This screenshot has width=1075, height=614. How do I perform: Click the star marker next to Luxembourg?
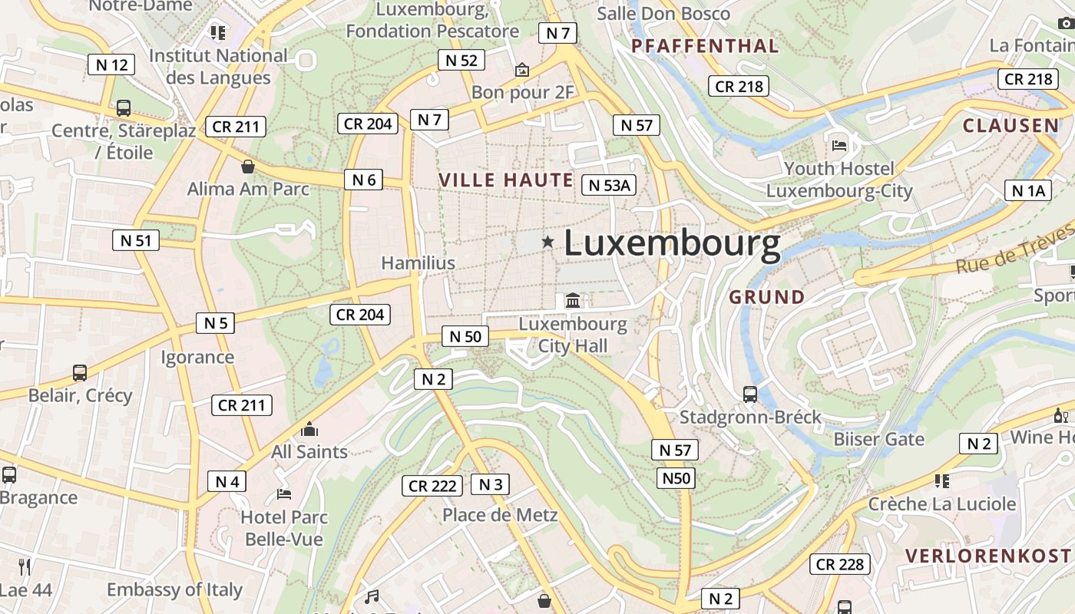tap(547, 242)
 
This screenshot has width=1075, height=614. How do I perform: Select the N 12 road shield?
tap(111, 64)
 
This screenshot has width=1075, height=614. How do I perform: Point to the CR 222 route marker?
tap(432, 486)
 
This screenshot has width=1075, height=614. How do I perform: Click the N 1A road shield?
tap(1028, 190)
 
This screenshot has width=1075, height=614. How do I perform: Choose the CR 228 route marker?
tap(840, 564)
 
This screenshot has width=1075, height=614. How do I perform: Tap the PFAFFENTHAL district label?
tap(705, 46)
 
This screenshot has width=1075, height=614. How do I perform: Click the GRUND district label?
tap(767, 297)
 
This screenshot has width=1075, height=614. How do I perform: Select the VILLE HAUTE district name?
tap(506, 180)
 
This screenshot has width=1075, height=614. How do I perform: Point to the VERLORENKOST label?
tap(987, 556)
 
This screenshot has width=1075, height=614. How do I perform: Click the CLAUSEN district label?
tap(1011, 126)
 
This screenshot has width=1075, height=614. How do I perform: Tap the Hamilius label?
tap(418, 263)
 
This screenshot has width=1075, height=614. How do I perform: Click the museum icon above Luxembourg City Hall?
tap(573, 300)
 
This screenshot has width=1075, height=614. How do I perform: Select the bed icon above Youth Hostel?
tap(839, 144)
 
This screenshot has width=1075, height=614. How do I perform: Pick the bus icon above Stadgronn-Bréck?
tap(750, 394)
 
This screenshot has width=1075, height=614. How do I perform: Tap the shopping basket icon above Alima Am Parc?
tap(248, 166)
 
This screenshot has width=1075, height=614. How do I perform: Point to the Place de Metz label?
tap(500, 514)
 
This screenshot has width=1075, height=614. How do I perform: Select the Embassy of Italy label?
tap(174, 589)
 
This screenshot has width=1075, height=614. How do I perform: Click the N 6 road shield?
tap(364, 180)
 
